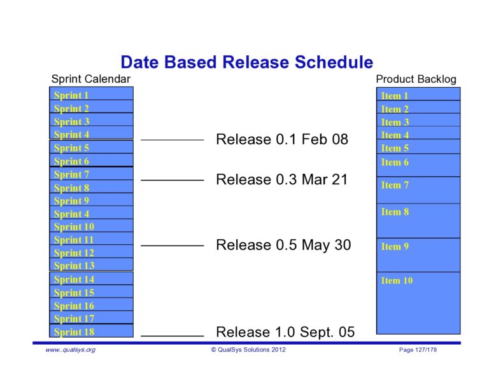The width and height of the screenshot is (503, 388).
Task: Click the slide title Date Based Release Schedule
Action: [246, 62]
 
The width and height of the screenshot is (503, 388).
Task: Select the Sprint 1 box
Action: [91, 95]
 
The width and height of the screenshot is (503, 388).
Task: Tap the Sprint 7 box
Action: [91, 174]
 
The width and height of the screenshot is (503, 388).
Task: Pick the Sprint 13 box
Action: [91, 265]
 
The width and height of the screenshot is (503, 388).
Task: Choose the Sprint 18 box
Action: [91, 331]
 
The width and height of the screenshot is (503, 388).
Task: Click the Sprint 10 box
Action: [91, 226]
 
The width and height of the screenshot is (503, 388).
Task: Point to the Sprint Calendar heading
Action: [90, 79]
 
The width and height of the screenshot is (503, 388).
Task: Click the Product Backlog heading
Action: [416, 79]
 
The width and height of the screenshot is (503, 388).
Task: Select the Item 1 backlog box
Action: [418, 95]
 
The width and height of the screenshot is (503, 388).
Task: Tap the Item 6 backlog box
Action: [418, 163]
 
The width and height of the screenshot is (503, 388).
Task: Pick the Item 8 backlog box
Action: [418, 219]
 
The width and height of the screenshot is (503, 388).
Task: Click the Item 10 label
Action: [397, 281]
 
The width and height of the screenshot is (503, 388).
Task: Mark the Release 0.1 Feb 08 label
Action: [282, 139]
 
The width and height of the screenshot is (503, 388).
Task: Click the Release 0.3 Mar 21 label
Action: [282, 179]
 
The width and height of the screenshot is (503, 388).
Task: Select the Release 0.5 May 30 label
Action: [283, 245]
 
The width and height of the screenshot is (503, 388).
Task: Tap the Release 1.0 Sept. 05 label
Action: [285, 332]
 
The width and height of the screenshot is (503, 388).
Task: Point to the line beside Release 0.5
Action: [172, 246]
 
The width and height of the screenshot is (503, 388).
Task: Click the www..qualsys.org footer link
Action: [70, 350]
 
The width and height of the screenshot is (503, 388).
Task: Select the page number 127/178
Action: [418, 350]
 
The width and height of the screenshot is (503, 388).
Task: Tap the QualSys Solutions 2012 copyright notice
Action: [248, 350]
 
